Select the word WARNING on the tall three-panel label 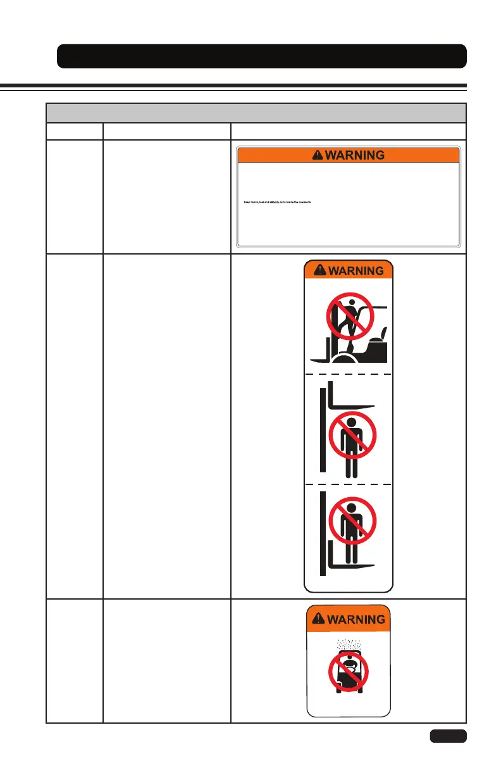[356, 270]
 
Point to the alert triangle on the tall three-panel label [319, 270]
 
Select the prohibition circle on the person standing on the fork [352, 522]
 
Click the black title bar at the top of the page [262, 56]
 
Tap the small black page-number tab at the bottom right [448, 736]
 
